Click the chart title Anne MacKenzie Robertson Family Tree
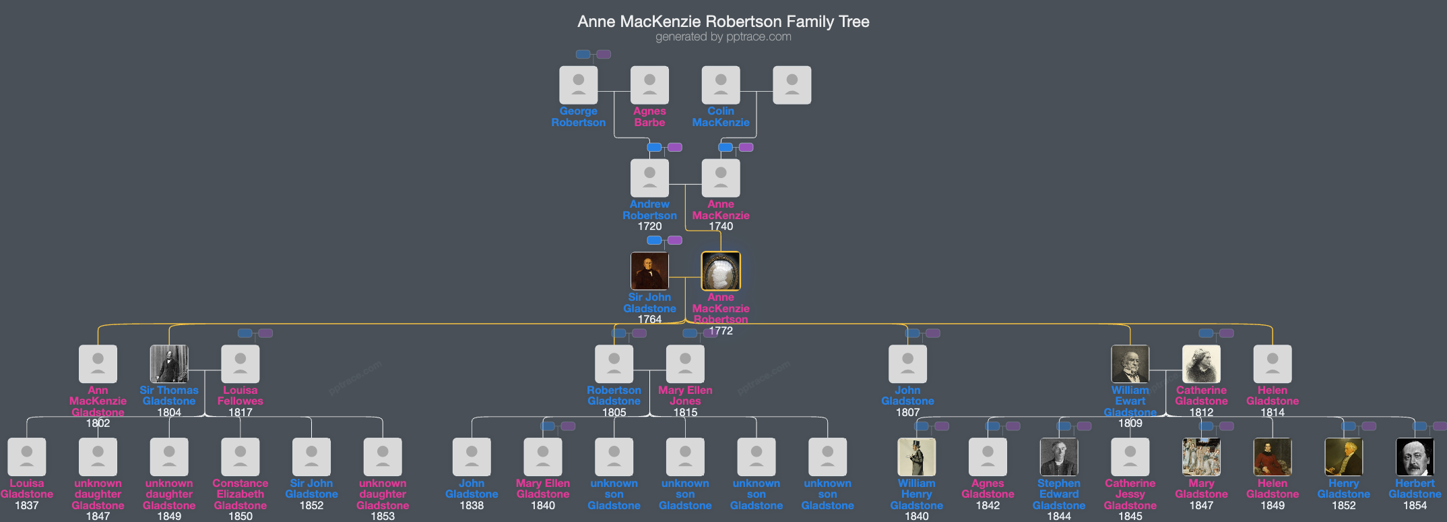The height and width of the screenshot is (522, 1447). [x=723, y=22]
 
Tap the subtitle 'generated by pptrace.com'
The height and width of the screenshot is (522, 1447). [x=723, y=37]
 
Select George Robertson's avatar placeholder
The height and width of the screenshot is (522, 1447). [x=578, y=85]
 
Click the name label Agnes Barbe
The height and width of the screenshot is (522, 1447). [x=649, y=117]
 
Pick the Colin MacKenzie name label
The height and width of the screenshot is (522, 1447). [x=720, y=117]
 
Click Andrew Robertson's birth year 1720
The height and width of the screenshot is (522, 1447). [x=649, y=227]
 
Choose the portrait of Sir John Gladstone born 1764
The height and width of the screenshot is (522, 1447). [x=649, y=271]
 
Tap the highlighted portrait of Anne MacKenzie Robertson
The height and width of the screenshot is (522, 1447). [x=720, y=271]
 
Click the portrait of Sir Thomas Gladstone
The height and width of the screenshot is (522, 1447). [x=169, y=364]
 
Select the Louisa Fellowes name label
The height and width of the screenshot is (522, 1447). [x=240, y=395]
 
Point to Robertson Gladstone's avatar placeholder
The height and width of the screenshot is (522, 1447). [x=614, y=364]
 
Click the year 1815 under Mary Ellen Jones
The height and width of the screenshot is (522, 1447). [x=685, y=412]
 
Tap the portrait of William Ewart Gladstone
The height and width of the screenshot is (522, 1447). [x=1130, y=364]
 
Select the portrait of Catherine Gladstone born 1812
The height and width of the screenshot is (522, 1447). [x=1201, y=364]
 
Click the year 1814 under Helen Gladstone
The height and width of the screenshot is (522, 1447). [x=1272, y=412]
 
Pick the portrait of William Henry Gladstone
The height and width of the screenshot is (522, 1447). [x=916, y=457]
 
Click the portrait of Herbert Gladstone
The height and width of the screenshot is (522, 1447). [x=1415, y=457]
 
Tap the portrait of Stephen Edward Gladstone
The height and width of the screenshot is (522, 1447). [x=1058, y=457]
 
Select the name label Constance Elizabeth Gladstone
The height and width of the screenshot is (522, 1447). [x=240, y=494]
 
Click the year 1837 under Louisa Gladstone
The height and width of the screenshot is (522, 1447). [x=27, y=506]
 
